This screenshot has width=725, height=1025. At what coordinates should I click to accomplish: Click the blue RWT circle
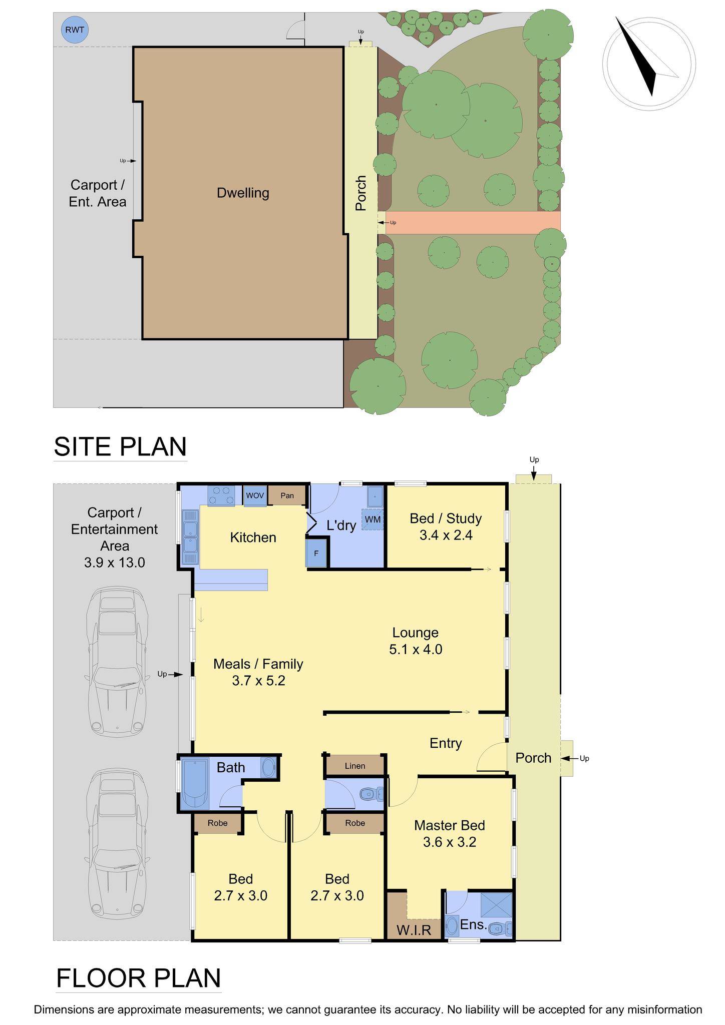pyautogui.click(x=75, y=30)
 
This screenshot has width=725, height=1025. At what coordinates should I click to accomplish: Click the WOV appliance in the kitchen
pyautogui.click(x=255, y=495)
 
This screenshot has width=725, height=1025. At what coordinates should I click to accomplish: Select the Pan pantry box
pyautogui.click(x=287, y=495)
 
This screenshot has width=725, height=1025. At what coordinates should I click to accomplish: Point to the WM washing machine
pyautogui.click(x=373, y=520)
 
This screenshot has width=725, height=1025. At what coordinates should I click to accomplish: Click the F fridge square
pyautogui.click(x=316, y=553)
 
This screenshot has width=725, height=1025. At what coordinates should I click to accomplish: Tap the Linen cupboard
pyautogui.click(x=355, y=766)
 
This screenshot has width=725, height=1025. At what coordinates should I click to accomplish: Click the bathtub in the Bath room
pyautogui.click(x=195, y=784)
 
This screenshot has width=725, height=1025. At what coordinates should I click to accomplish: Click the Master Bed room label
pyautogui.click(x=450, y=825)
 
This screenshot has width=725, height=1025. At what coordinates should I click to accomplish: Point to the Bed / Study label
pyautogui.click(x=446, y=519)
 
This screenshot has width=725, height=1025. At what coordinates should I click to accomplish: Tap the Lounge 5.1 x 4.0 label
pyautogui.click(x=416, y=641)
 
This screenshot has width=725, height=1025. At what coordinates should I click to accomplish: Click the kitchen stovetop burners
pyautogui.click(x=222, y=495)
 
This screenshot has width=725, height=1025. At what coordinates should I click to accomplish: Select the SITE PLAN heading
pyautogui.click(x=120, y=446)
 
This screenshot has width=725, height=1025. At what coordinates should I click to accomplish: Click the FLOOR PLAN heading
pyautogui.click(x=139, y=978)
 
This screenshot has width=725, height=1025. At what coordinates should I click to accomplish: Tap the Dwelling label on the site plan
pyautogui.click(x=243, y=193)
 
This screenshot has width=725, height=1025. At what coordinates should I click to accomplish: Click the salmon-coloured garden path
pyautogui.click(x=473, y=222)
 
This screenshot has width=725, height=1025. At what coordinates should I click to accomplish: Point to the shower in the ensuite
pyautogui.click(x=497, y=905)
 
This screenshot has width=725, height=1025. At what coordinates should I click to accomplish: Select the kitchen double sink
pyautogui.click(x=191, y=537)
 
